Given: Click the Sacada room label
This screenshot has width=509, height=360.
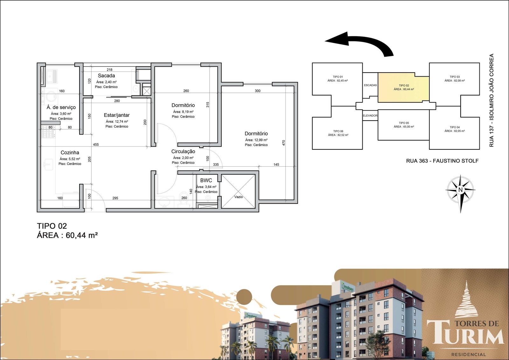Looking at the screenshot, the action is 106,76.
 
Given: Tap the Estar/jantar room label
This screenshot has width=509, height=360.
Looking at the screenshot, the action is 117,115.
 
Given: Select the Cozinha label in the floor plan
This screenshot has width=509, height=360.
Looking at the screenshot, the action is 70,153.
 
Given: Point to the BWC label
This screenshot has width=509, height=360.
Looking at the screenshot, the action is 206,180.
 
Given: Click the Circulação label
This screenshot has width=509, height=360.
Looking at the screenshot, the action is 183,151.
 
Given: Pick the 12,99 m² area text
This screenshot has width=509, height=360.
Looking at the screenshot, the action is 256,140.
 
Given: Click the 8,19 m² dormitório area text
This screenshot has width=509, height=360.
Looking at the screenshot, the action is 183,112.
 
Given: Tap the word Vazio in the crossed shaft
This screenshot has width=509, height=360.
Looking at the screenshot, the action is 239,197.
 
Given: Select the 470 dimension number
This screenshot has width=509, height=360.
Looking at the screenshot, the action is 283,143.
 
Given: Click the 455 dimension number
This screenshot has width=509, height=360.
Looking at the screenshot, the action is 96,144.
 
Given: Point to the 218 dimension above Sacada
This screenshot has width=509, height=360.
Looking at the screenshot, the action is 109,70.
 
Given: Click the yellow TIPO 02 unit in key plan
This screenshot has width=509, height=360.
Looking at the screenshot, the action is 404,87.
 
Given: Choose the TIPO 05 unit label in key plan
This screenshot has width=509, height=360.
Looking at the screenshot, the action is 404,123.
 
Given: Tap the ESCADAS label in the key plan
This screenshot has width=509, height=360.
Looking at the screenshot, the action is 370,85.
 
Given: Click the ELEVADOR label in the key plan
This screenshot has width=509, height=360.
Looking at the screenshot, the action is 370,116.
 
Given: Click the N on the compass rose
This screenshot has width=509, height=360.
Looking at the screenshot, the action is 460,190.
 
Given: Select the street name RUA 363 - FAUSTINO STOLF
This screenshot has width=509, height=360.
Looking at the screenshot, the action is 443,161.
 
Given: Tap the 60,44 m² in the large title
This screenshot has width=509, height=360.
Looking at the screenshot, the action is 82,235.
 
